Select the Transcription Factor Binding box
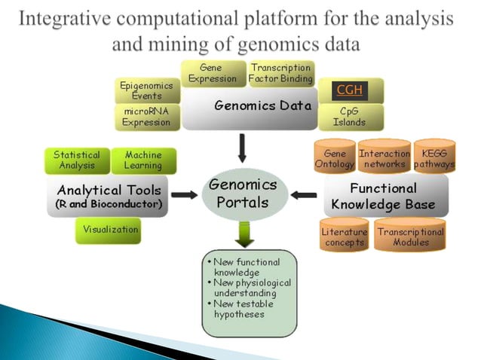(281, 73)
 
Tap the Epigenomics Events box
(147, 90)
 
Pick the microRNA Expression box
(147, 117)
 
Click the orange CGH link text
(349, 90)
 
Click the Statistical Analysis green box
(75, 160)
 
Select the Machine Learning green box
(143, 160)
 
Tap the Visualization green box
(108, 230)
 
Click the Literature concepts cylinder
(345, 236)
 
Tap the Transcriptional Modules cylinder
(410, 236)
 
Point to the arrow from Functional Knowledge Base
(304, 195)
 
